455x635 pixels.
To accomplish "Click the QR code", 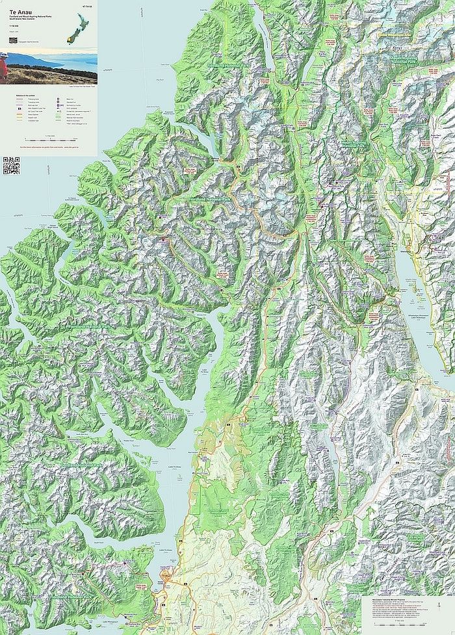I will tap(12, 166).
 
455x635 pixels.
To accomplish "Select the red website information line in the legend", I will tap(49, 148).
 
